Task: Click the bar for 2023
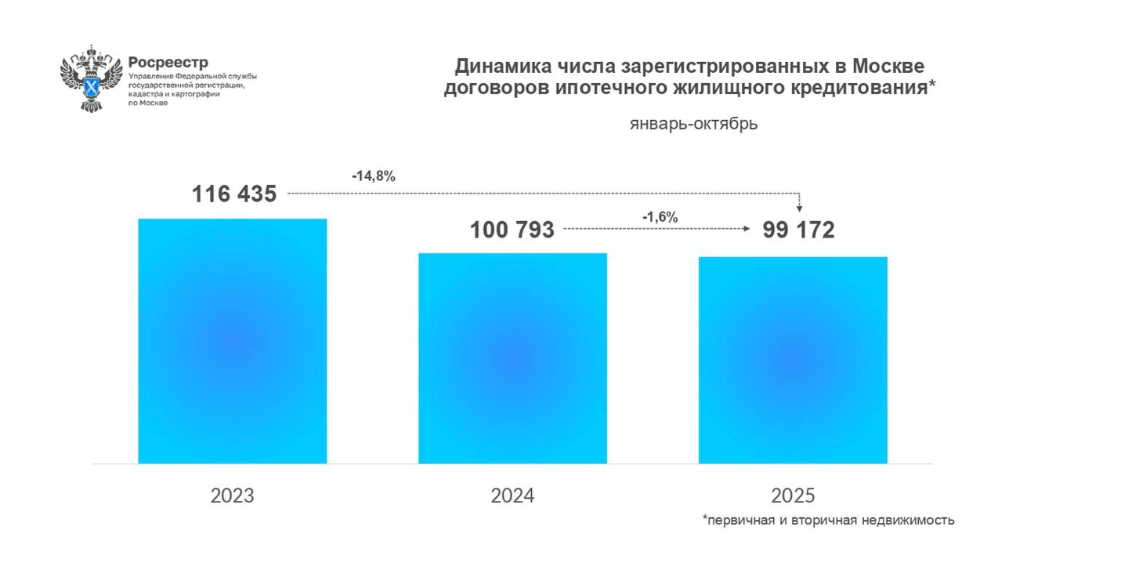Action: [232, 341]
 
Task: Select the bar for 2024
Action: [512, 358]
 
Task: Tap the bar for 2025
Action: [793, 360]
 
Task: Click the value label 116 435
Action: [234, 194]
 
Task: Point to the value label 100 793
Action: [512, 230]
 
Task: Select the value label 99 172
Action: [799, 230]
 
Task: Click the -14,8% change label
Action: [374, 176]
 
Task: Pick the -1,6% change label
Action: [660, 217]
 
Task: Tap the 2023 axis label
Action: [233, 495]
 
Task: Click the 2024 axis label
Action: [512, 495]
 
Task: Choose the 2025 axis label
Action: [793, 495]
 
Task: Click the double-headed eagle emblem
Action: [92, 78]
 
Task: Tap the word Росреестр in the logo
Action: [168, 63]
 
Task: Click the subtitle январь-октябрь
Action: [693, 124]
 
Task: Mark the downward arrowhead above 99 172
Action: [799, 208]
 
